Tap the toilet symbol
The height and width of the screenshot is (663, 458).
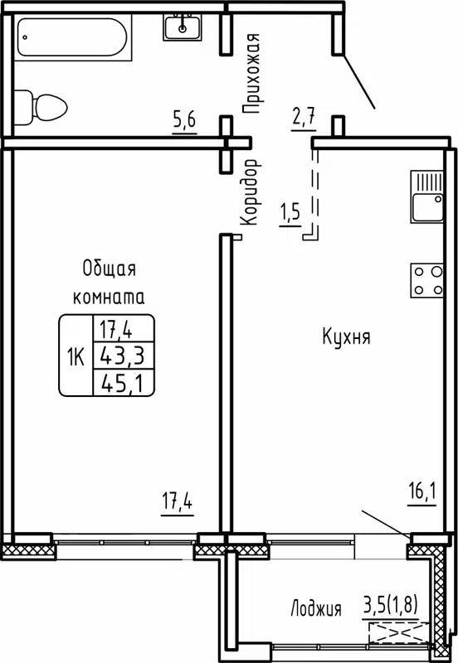[x=43, y=106]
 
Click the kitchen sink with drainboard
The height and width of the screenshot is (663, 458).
[x=427, y=197]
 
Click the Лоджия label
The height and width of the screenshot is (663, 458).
[x=315, y=609]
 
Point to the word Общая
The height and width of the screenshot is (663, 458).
[x=109, y=268]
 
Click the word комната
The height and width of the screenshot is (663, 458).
[x=109, y=296]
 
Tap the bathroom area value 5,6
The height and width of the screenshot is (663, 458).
[x=183, y=121]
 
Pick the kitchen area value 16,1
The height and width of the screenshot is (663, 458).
[x=421, y=495]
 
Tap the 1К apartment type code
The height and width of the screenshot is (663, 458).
[x=76, y=356]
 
